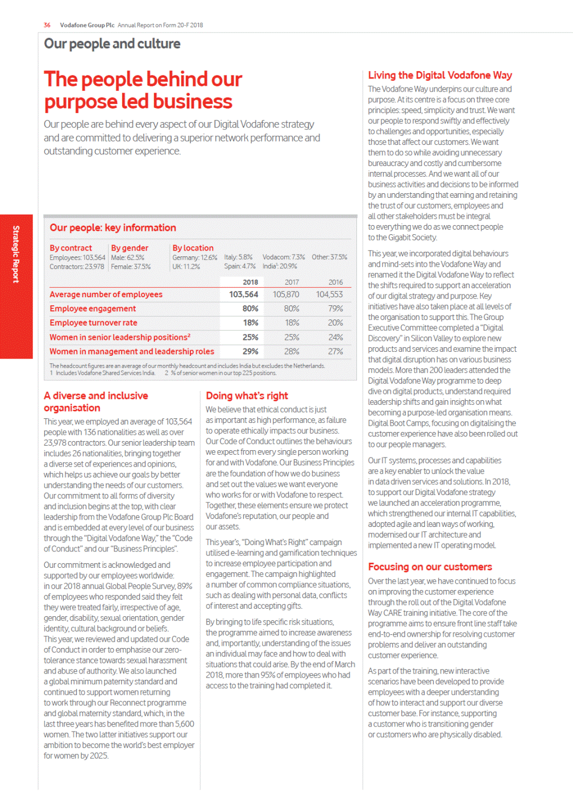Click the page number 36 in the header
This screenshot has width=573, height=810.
point(47,25)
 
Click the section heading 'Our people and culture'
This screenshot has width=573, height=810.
point(112,44)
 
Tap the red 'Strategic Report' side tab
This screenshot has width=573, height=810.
point(16,254)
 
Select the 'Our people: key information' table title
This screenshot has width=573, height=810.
point(113,228)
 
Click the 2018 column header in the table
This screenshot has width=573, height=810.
point(250,282)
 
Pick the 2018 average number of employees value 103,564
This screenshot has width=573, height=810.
point(243,294)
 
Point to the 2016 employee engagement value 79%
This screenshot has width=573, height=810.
point(335,309)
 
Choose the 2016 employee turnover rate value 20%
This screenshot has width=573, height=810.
point(335,323)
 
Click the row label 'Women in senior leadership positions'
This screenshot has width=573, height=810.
point(119,337)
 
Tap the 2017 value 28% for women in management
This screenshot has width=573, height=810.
point(292,351)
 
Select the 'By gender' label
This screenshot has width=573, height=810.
point(130,248)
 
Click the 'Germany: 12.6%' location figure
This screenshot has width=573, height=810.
point(194,257)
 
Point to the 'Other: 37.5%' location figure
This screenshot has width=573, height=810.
point(329,257)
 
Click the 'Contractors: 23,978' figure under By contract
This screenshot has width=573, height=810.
point(77,267)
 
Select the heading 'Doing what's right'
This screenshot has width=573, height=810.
point(247,396)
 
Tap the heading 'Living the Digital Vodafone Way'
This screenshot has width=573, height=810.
point(440,76)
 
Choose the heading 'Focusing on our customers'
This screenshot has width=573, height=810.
point(430,567)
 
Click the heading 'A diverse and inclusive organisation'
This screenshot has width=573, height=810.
point(95,402)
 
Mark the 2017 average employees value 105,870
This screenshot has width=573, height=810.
point(286,294)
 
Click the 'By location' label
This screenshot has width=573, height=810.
point(193,248)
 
